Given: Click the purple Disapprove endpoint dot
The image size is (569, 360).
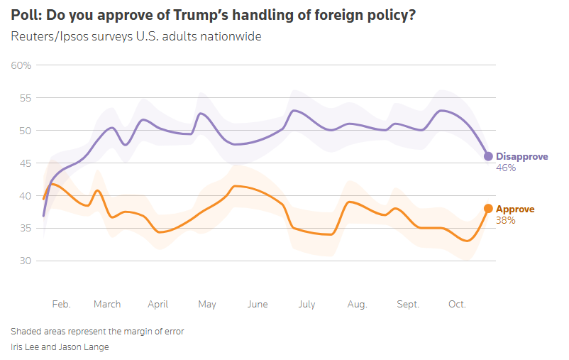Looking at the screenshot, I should [x=488, y=156].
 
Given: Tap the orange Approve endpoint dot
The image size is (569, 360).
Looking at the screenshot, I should [x=488, y=209].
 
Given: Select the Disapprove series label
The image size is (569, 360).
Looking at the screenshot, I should [x=521, y=156].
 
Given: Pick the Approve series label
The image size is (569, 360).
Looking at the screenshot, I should [x=514, y=209].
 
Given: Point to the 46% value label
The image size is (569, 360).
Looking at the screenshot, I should [x=506, y=168].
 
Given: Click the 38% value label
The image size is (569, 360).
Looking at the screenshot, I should [x=505, y=221].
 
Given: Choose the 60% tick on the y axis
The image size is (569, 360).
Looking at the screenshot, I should [x=21, y=65].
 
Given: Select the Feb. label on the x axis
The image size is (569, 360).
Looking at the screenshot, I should [x=62, y=304].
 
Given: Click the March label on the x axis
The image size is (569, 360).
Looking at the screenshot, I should [x=107, y=304].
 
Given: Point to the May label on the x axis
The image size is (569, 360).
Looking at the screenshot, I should [x=207, y=304].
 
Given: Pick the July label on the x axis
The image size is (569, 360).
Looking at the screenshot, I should [x=306, y=304].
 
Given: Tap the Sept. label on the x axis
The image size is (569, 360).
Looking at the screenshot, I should [x=408, y=304].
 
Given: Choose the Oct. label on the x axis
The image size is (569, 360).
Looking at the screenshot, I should [x=457, y=304].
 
